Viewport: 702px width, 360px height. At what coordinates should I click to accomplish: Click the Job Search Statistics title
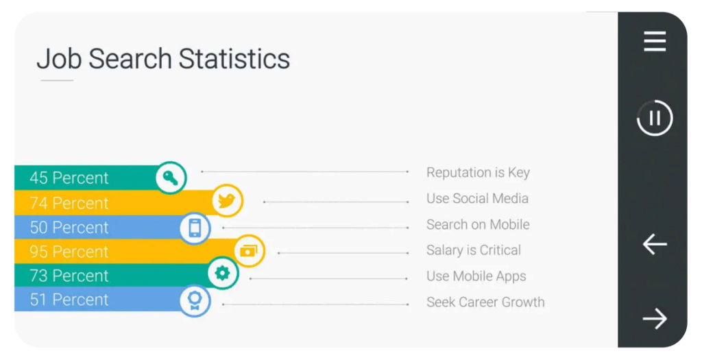(163, 60)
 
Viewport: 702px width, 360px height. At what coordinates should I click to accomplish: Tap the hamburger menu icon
(655, 42)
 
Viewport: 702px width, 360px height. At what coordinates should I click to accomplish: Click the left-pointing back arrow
(655, 244)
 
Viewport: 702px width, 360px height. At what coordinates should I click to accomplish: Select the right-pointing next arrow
(655, 318)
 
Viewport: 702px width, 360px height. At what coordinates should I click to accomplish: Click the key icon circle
(171, 178)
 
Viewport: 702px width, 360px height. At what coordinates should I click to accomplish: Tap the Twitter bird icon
(227, 200)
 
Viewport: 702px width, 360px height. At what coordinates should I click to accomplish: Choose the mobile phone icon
(195, 228)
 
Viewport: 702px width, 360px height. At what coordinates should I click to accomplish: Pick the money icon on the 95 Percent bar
(249, 251)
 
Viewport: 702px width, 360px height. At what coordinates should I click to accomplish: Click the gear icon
(223, 273)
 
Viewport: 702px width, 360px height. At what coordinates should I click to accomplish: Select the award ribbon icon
(195, 300)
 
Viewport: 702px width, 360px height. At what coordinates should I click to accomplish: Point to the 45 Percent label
(69, 178)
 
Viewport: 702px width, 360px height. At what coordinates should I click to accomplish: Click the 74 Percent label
(69, 203)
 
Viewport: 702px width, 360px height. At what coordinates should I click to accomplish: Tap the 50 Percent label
(69, 228)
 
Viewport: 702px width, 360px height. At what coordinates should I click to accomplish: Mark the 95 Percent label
(69, 252)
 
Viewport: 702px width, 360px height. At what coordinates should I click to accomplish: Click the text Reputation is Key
(478, 173)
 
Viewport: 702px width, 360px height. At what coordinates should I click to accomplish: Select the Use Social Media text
(477, 198)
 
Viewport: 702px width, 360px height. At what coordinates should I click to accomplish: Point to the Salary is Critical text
(474, 250)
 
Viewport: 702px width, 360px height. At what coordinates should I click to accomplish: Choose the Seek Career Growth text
(485, 302)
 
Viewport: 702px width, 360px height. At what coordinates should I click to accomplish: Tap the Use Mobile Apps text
(476, 276)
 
